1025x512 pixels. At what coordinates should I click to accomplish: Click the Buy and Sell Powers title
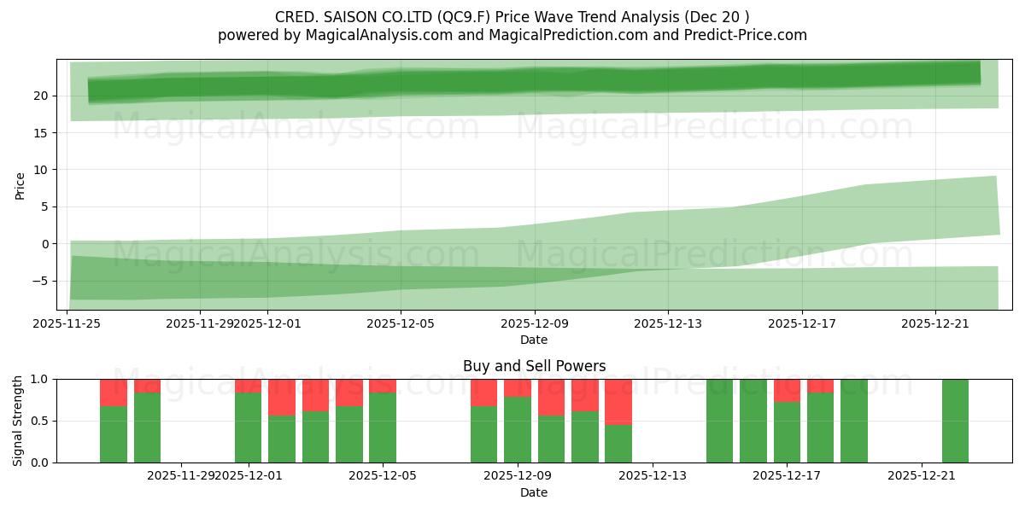(534, 366)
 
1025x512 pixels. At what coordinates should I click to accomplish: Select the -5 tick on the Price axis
(42, 281)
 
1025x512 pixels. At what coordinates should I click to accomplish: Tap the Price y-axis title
(20, 185)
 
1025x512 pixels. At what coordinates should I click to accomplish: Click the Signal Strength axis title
(18, 421)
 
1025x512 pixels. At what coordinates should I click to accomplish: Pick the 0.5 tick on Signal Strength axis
(40, 421)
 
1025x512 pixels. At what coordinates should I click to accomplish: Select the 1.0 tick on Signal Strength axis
(40, 379)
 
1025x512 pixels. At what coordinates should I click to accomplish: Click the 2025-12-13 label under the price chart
(668, 324)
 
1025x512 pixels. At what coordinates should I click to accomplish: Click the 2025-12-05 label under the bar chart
(383, 476)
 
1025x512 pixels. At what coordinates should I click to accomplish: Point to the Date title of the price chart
(534, 340)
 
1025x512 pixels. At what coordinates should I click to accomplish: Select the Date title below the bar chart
(534, 492)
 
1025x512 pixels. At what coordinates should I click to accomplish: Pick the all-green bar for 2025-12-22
(955, 421)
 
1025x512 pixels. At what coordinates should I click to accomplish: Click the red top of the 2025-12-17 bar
(787, 390)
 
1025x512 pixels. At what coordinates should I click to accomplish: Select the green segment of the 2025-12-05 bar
(383, 427)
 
